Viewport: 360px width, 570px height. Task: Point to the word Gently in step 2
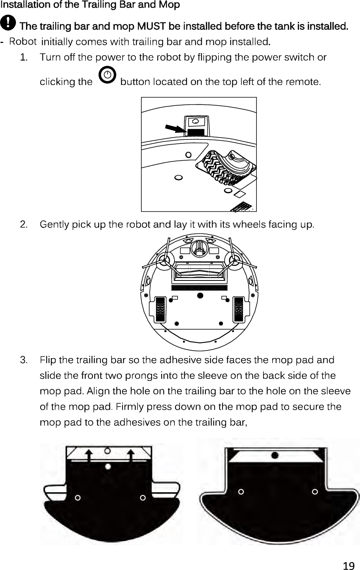click(x=54, y=225)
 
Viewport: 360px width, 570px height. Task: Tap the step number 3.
click(x=24, y=360)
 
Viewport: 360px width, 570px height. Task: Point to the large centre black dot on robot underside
click(x=200, y=295)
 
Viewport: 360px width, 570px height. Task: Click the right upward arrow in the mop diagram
click(x=131, y=454)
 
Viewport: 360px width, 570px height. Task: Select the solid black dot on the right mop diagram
click(x=275, y=455)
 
